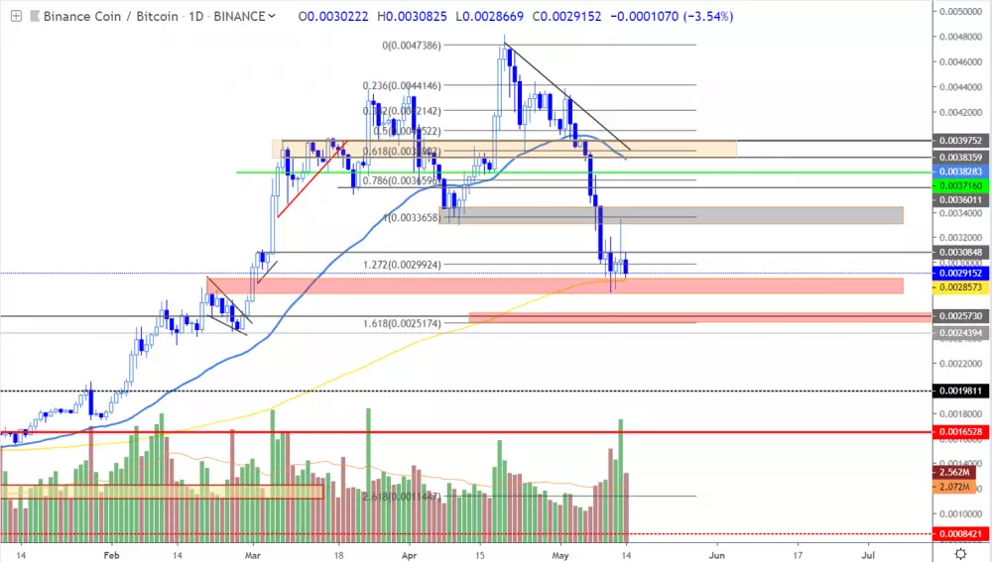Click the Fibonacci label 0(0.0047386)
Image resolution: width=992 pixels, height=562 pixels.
click(x=412, y=45)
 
